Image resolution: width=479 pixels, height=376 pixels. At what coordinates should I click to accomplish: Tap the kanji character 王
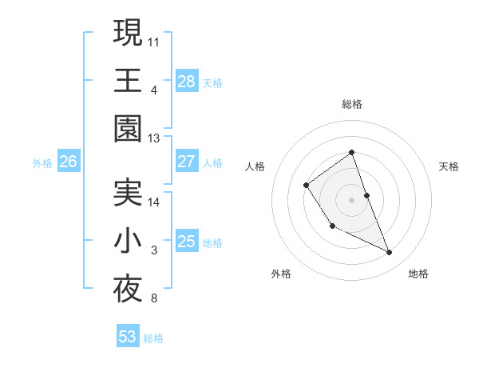click(x=128, y=80)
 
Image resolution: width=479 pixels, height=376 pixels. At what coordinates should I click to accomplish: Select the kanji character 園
click(x=128, y=128)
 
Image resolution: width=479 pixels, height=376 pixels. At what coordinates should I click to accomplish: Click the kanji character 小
click(x=128, y=242)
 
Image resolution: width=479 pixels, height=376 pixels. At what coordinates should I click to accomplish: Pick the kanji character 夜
click(x=128, y=290)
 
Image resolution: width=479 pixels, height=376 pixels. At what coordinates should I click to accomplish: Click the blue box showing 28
click(x=186, y=81)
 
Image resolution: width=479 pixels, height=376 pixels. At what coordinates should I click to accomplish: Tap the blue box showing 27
click(x=186, y=162)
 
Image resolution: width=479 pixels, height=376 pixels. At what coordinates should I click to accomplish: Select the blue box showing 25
click(x=186, y=241)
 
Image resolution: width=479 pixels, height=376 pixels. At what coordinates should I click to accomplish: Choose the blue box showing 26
click(x=68, y=162)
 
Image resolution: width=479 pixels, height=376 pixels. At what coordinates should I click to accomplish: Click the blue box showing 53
click(x=128, y=337)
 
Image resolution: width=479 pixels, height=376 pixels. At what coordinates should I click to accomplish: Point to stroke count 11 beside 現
click(x=154, y=41)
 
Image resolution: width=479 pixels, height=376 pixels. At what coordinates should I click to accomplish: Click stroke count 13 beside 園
click(x=154, y=138)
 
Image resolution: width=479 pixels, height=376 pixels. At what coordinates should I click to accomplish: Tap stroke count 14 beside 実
click(x=154, y=202)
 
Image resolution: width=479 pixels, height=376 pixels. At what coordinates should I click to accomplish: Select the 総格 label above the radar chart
click(x=351, y=104)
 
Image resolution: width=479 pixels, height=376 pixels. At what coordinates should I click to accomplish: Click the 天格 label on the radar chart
click(x=449, y=166)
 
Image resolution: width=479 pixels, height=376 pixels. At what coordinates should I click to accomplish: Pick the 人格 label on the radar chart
click(x=255, y=166)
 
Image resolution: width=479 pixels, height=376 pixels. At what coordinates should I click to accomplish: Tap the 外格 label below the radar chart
click(x=281, y=274)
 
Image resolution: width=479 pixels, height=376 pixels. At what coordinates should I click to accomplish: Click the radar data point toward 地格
click(x=390, y=253)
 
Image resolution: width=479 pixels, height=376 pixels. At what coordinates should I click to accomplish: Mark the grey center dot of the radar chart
click(x=351, y=199)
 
